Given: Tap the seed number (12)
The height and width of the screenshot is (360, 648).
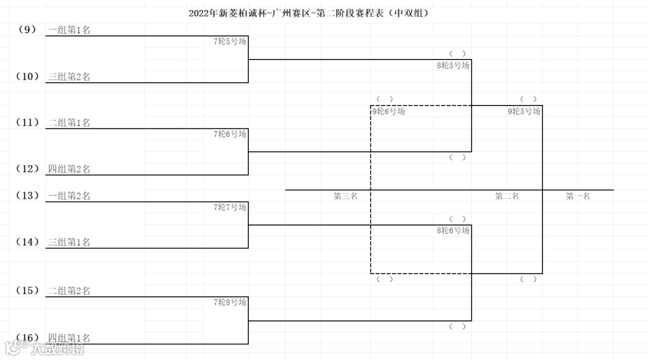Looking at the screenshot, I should (x=28, y=169).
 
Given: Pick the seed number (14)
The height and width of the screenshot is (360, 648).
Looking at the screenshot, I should (x=28, y=242).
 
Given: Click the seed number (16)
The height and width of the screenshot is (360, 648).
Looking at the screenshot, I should (x=28, y=337).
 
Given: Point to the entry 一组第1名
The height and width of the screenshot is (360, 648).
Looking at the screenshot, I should (x=69, y=30).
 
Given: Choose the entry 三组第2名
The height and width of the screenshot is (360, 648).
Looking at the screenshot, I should (x=69, y=77).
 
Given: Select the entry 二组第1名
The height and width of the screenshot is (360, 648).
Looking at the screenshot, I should (x=69, y=123).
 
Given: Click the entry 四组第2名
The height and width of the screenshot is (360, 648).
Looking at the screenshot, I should (x=69, y=169).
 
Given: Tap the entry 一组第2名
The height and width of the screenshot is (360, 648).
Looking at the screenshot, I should (x=69, y=196).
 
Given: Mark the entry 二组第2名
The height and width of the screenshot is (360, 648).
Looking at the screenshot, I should (x=69, y=291).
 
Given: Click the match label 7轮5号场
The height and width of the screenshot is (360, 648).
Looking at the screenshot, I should (x=230, y=41).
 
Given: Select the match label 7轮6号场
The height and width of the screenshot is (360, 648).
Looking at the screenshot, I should (x=230, y=134).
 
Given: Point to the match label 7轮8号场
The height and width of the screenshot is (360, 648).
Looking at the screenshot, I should (x=230, y=302).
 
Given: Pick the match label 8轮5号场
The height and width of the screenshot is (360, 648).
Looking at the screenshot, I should (x=453, y=65).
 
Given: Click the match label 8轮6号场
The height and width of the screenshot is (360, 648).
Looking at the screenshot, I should (x=453, y=230).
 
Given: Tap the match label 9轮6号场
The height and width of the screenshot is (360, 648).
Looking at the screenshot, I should (x=388, y=111).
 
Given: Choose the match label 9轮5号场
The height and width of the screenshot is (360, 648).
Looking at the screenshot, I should (x=524, y=111).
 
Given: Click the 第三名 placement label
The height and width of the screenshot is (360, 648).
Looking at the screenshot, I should (x=346, y=196).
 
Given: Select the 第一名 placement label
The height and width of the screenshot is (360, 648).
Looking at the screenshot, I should (x=578, y=196).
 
